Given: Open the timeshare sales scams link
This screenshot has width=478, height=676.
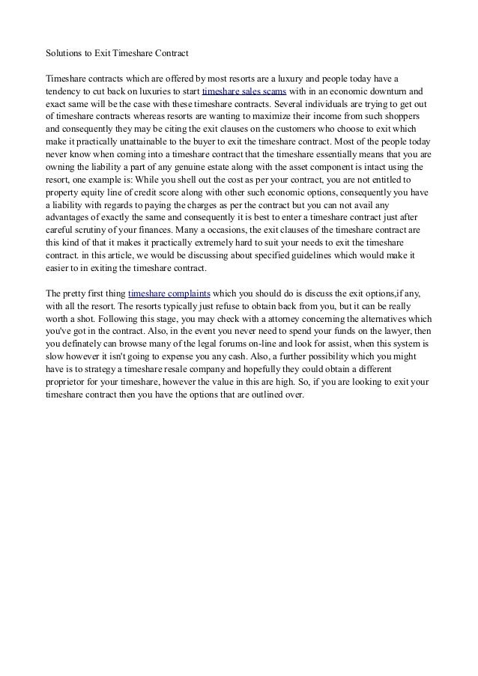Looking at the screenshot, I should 244,92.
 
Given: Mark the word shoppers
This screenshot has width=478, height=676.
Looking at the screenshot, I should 402,118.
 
